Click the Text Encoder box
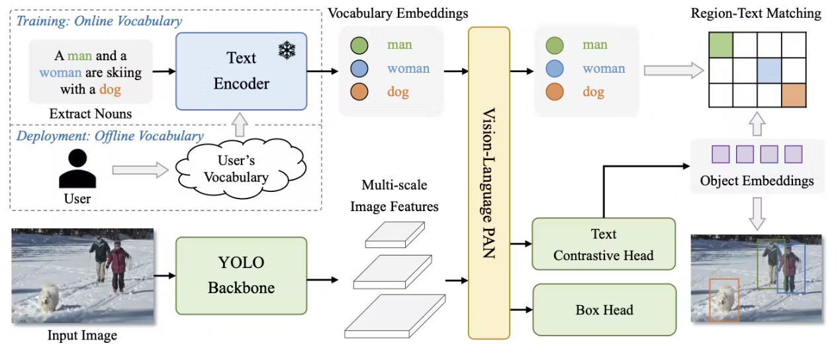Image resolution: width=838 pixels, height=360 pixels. (x=241, y=71)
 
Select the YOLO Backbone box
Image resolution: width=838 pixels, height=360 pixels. (x=241, y=275)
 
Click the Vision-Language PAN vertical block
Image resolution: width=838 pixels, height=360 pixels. (x=489, y=182)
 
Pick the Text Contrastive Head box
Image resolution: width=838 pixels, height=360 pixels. (x=604, y=245)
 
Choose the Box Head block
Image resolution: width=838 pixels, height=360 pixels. (x=604, y=310)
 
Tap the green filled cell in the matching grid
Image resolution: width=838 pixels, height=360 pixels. (x=721, y=45)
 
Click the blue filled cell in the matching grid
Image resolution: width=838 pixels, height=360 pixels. (x=770, y=70)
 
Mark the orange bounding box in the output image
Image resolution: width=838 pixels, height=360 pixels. (x=723, y=300)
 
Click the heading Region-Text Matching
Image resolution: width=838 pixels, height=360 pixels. (x=756, y=13)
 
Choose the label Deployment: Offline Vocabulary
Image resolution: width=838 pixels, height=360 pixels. (x=109, y=136)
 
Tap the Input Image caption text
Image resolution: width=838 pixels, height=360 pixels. (x=82, y=336)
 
